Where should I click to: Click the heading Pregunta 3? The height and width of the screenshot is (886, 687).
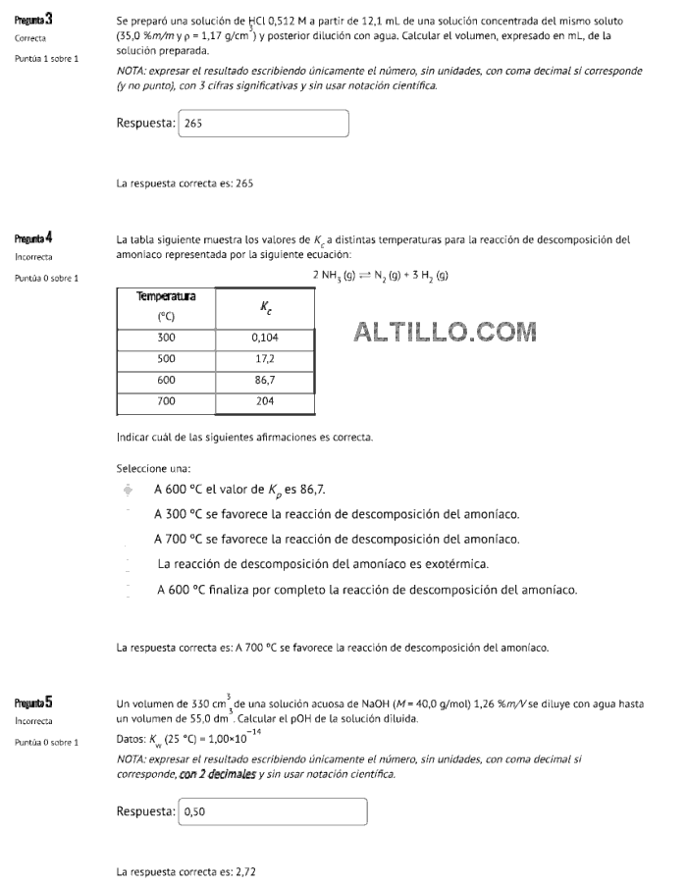(34, 20)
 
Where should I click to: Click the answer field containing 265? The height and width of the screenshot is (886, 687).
(263, 124)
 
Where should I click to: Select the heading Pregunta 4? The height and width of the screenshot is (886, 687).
(34, 238)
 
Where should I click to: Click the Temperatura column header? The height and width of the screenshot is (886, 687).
(165, 305)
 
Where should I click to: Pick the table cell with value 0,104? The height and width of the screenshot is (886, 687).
(265, 338)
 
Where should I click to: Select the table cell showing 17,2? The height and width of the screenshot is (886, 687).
(265, 358)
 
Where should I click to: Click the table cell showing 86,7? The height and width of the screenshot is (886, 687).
(265, 380)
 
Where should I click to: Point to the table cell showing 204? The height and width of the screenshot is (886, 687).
(265, 401)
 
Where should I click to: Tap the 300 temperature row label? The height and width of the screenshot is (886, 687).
(165, 338)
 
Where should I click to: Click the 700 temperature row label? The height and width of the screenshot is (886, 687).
(165, 401)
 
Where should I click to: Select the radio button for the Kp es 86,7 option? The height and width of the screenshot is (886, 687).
(128, 489)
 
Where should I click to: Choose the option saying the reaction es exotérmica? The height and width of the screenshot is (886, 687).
(323, 564)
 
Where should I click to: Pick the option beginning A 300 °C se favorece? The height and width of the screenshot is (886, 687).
(337, 513)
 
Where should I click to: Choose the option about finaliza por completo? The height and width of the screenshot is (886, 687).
(367, 590)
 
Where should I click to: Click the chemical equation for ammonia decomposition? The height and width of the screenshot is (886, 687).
(381, 276)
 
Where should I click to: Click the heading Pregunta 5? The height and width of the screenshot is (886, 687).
(34, 703)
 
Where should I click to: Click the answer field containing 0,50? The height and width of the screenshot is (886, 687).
(272, 811)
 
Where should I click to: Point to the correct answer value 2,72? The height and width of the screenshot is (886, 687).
(245, 870)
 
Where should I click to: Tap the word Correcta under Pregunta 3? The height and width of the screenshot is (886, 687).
(31, 39)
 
